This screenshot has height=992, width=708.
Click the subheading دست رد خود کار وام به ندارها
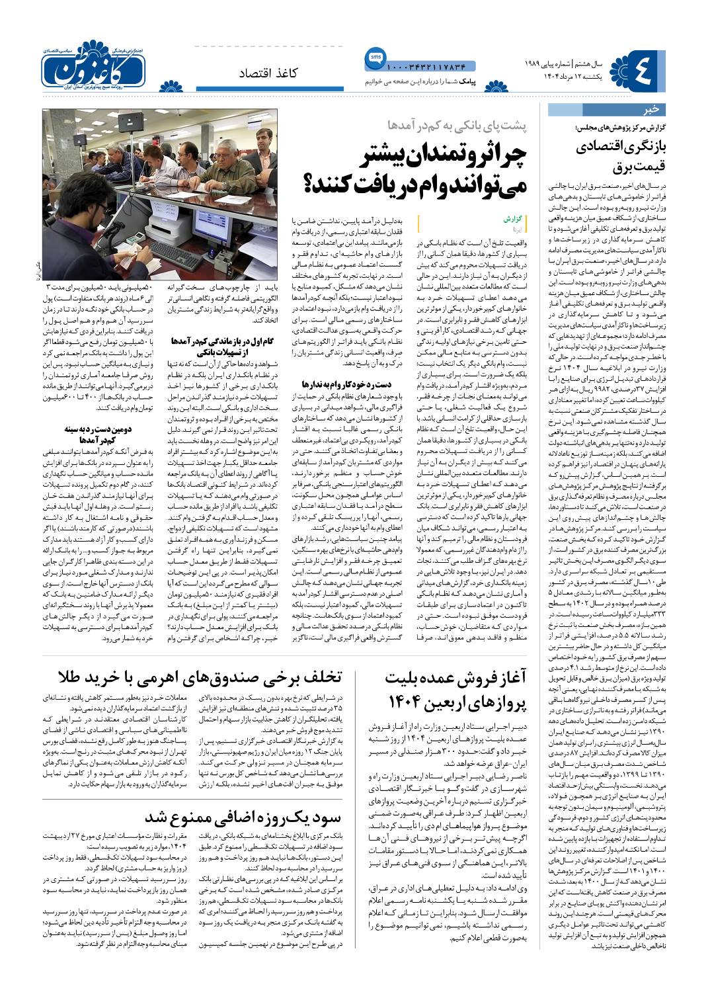pyautogui.click(x=329, y=384)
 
